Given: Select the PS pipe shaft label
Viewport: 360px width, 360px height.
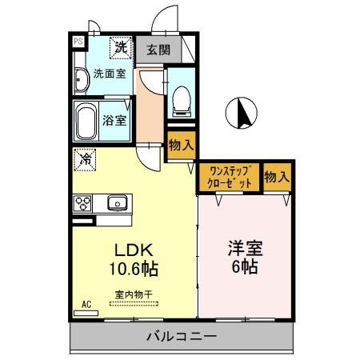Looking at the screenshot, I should click(78, 41).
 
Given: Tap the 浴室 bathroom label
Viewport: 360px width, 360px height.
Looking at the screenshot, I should click(114, 122).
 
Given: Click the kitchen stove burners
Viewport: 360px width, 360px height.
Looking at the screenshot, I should click(82, 203).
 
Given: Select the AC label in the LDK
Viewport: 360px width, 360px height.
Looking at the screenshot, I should click(86, 305).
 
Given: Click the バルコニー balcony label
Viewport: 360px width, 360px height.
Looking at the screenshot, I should click(180, 337).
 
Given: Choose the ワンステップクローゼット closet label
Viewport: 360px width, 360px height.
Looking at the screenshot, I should click(230, 176).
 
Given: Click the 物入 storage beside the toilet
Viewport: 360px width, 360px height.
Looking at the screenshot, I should click(180, 146).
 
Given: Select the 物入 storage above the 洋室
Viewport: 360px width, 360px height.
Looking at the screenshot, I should click(277, 176).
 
